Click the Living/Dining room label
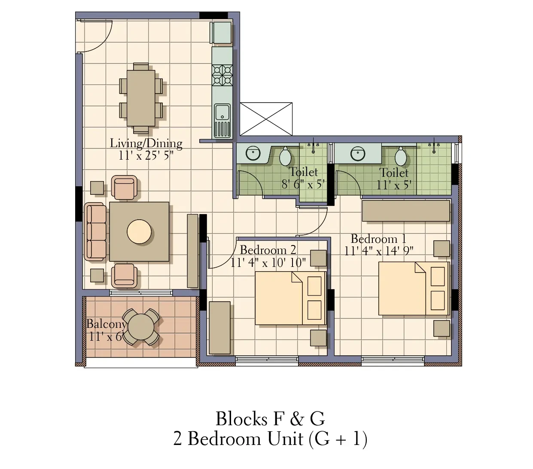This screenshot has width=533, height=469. (x=146, y=144)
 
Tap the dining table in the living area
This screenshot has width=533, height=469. (x=141, y=98)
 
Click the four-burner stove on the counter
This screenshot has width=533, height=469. (x=222, y=75)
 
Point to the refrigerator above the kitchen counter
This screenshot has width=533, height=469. (x=221, y=33)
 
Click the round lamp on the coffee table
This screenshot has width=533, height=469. (x=139, y=232)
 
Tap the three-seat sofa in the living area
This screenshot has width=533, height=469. (x=95, y=232)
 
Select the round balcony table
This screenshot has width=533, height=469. (x=141, y=327)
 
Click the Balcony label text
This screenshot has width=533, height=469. (x=106, y=324)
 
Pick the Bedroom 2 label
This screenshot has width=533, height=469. (x=268, y=250)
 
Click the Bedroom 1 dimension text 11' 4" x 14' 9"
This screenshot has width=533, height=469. (x=379, y=251)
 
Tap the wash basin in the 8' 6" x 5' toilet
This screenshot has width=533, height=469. (x=253, y=153)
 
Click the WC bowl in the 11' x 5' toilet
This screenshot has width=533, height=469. (x=401, y=157)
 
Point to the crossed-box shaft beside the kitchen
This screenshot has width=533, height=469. (x=266, y=119)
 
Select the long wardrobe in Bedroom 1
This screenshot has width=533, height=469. (x=406, y=211)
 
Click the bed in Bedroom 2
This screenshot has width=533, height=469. (x=290, y=298)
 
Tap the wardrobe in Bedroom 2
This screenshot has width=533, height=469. (x=219, y=327)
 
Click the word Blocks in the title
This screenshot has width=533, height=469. (x=241, y=419)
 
